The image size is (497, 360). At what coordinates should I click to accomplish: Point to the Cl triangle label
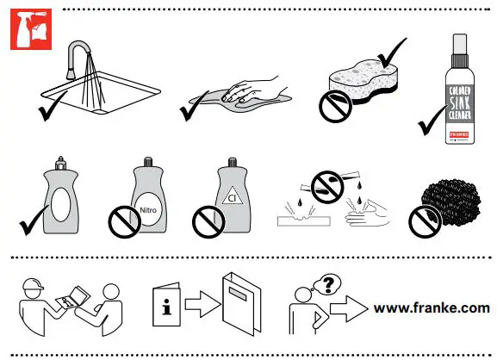click(x=230, y=198)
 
